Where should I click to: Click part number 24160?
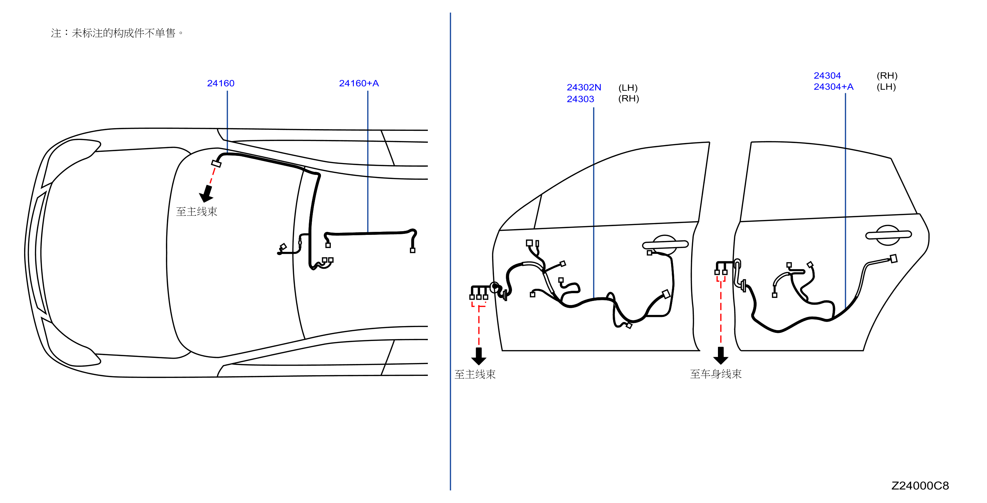(x=221, y=83)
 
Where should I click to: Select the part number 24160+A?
(x=359, y=83)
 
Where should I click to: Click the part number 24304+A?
(x=833, y=86)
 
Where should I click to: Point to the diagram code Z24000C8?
(x=920, y=485)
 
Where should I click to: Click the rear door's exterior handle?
(x=888, y=235)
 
